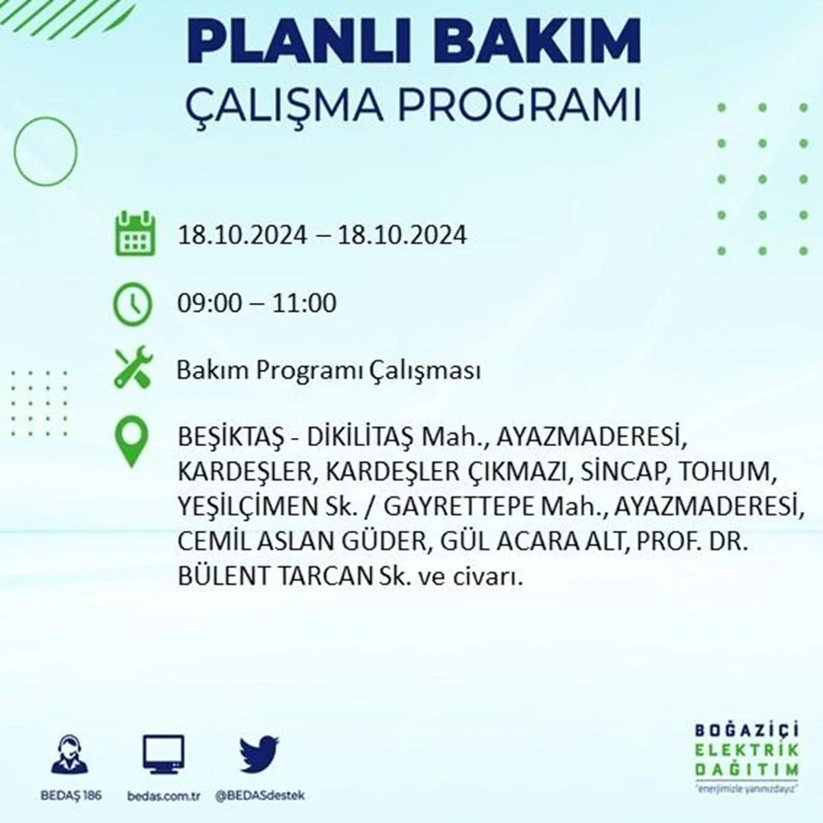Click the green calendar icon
[x=135, y=233]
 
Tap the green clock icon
[x=133, y=304]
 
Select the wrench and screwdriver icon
[x=133, y=367]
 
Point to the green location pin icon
[x=132, y=441]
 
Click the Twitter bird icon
[x=259, y=754]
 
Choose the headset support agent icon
[x=70, y=754]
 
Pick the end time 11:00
[x=304, y=303]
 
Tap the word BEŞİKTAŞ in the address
[x=231, y=438]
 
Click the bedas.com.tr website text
[x=164, y=796]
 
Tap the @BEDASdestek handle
[x=260, y=796]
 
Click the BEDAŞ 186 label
[x=72, y=795]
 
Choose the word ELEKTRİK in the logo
[x=747, y=750]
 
